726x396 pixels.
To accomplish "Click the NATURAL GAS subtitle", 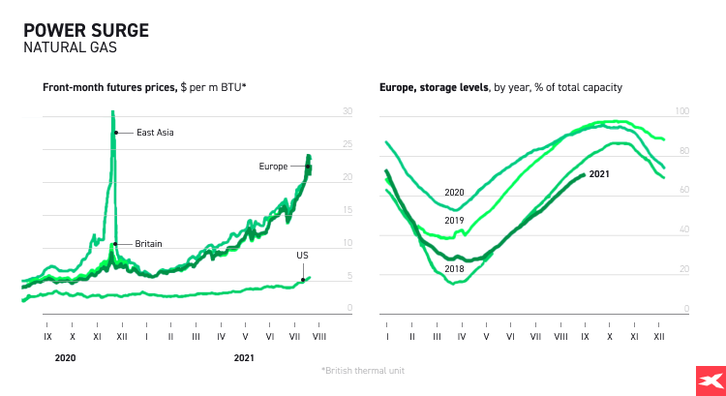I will [64, 46].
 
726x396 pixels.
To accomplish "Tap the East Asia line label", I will [155, 133].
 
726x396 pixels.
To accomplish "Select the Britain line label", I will [148, 244].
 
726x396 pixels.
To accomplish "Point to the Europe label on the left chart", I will [273, 167].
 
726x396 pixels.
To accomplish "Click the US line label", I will [302, 255].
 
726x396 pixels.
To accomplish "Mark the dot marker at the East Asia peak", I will [115, 133].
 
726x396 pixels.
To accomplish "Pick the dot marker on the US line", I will [303, 280].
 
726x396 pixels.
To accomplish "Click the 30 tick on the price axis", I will [348, 111].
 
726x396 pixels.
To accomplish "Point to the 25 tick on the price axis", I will [348, 144].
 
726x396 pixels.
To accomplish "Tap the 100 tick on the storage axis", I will [681, 112].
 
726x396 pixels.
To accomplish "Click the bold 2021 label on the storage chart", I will [599, 174].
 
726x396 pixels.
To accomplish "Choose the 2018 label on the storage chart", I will [454, 267].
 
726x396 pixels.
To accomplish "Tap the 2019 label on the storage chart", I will [454, 221].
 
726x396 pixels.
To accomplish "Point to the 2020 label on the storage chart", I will [454, 192].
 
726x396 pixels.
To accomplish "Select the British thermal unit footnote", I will [362, 371].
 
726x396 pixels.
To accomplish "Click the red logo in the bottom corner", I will [711, 381].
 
